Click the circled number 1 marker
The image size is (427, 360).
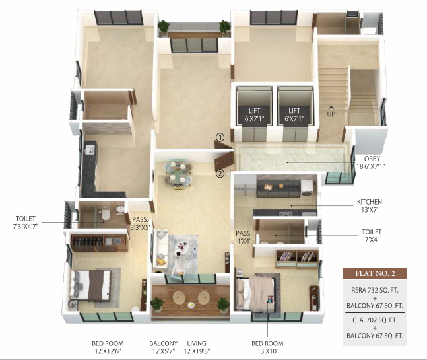[x=220, y=137]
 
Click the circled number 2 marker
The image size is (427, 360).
[x=220, y=174]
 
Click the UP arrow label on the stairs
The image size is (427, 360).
[x=331, y=111]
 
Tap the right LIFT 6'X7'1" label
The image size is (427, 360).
[x=294, y=114]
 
